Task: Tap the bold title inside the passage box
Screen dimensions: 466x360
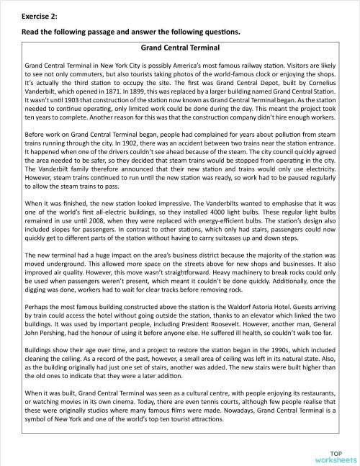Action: click(x=180, y=48)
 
